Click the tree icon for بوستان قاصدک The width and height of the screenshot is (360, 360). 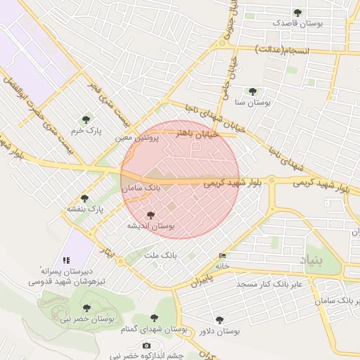297,13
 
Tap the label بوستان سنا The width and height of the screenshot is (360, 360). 253,103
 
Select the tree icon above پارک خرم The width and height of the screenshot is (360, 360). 86,120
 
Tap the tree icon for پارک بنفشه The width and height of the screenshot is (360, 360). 85,198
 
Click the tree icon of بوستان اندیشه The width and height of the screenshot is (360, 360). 150,215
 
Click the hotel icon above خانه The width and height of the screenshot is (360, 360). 223,255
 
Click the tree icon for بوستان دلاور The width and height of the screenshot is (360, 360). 219,320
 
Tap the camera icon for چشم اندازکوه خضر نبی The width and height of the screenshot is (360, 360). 146,345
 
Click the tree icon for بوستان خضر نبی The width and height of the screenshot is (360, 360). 86,308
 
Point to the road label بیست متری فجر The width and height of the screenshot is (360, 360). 103,95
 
